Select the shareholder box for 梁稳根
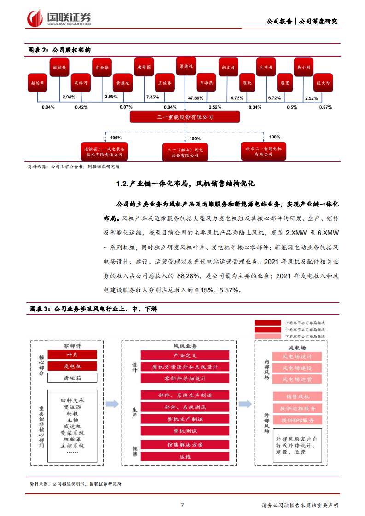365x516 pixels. point(185,67)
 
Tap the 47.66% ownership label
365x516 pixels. point(196,98)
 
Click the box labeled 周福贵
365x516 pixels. point(60,67)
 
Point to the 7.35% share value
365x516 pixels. point(152,97)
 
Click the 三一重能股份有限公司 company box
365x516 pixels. point(185,117)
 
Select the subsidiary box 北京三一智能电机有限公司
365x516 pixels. point(264,151)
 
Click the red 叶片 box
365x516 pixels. point(72,355)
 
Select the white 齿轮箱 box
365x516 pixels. point(72,378)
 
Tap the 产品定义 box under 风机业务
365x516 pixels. point(185,355)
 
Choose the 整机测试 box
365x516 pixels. point(185,431)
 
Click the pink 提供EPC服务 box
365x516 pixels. point(297,420)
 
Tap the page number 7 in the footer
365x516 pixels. point(182,505)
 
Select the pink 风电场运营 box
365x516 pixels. point(297,379)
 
